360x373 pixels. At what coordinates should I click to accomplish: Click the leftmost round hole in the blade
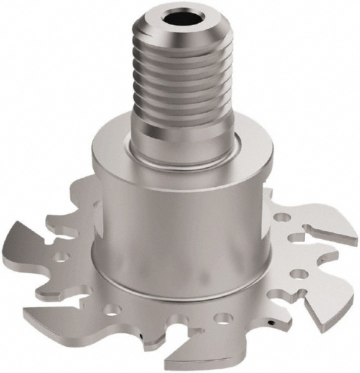pyautogui.click(x=62, y=256)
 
